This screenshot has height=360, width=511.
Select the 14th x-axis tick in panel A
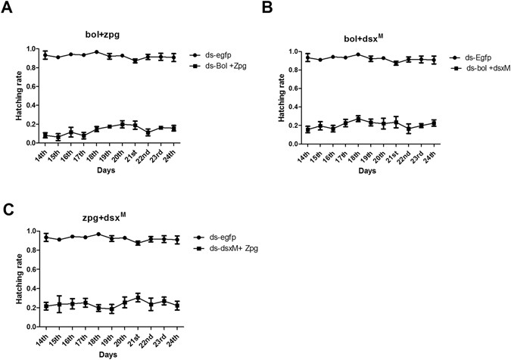click(44, 154)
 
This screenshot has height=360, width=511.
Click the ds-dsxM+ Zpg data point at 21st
click(138, 298)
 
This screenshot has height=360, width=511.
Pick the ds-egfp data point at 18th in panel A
click(97, 52)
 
